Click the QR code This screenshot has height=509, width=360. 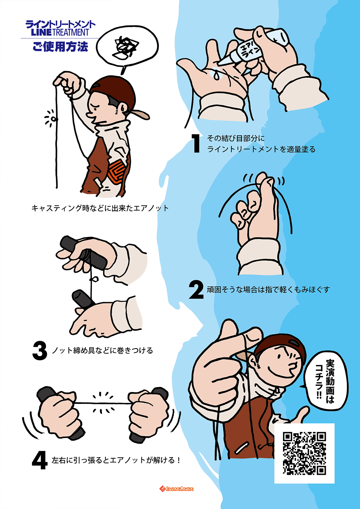tap(304, 453)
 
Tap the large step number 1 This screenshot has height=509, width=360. tap(196, 144)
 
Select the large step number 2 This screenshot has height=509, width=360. tap(196, 290)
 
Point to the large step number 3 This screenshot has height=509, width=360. tap(40, 350)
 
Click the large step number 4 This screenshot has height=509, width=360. tap(40, 460)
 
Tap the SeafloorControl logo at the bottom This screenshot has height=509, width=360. tap(177, 488)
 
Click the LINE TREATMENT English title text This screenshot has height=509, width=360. tap(60, 33)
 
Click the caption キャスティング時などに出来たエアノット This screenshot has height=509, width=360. tap(100, 208)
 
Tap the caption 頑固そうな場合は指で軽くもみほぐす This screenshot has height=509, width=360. tap(268, 290)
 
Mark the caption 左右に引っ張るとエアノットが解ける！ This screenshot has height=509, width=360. tap(116, 460)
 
